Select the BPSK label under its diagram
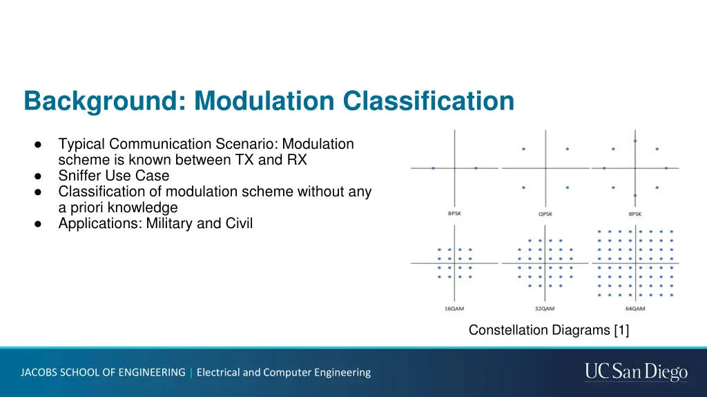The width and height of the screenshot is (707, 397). pyautogui.click(x=454, y=214)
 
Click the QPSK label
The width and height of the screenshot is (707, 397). pyautogui.click(x=545, y=214)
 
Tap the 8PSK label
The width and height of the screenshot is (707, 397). pyautogui.click(x=635, y=214)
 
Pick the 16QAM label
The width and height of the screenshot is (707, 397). pyautogui.click(x=454, y=308)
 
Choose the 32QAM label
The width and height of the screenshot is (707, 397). pyautogui.click(x=545, y=308)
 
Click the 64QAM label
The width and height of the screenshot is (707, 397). pyautogui.click(x=635, y=308)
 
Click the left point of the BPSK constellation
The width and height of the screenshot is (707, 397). pyautogui.click(x=433, y=168)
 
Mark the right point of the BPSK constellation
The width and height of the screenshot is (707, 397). pyautogui.click(x=476, y=168)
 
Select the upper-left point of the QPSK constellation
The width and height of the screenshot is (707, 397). pyautogui.click(x=523, y=149)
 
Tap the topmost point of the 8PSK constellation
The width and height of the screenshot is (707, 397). pyautogui.click(x=635, y=141)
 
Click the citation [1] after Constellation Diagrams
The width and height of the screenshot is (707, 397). pyautogui.click(x=621, y=331)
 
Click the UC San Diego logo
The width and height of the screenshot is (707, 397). pyautogui.click(x=636, y=372)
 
